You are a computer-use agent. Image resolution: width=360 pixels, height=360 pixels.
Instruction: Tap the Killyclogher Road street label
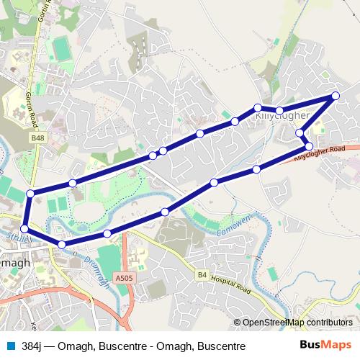click(x=320, y=152)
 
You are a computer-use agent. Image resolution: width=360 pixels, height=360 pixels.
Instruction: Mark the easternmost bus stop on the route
click(x=336, y=96)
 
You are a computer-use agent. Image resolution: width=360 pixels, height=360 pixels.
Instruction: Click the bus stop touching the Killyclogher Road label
click(x=309, y=146)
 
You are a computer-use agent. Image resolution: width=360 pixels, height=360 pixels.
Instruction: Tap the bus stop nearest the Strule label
click(x=24, y=228)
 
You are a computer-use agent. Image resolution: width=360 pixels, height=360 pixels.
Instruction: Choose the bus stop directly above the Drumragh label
click(x=107, y=233)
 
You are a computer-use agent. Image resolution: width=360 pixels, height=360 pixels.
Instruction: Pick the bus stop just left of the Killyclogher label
click(x=257, y=108)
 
